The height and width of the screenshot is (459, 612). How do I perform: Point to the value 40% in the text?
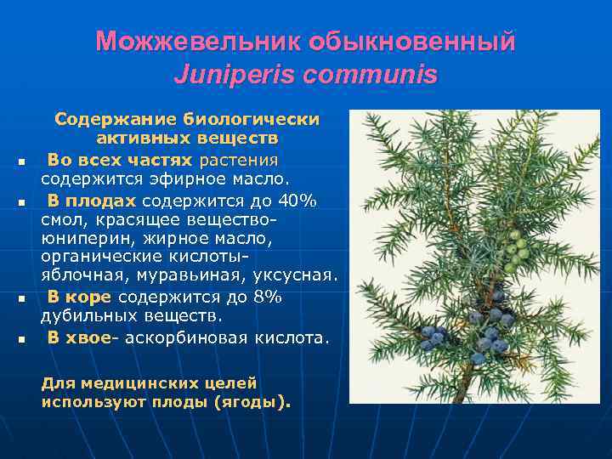tap(298, 201)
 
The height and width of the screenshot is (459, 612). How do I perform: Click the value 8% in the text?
tap(266, 297)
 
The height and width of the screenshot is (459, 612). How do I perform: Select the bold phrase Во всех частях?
tap(120, 160)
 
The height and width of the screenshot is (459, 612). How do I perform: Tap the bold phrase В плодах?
tap(91, 201)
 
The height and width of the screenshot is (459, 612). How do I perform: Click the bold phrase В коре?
tap(80, 297)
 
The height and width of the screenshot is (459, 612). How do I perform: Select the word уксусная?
tap(297, 275)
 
